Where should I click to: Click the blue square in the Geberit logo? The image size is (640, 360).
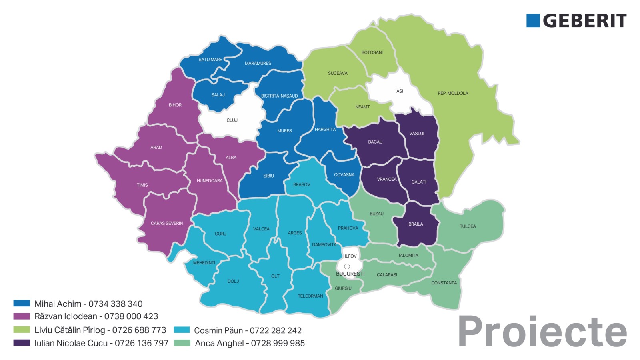click(x=533, y=21)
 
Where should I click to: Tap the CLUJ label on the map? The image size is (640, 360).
click(x=232, y=120)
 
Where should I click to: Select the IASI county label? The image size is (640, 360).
click(x=399, y=91)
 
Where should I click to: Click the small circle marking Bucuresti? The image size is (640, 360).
click(x=347, y=266)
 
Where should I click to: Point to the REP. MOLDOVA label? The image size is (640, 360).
click(x=453, y=93)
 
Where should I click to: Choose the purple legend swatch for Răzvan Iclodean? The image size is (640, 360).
click(x=22, y=316)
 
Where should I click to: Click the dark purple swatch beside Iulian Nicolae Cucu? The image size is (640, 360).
click(x=22, y=343)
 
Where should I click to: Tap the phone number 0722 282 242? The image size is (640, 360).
click(x=276, y=330)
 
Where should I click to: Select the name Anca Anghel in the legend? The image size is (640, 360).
click(x=219, y=343)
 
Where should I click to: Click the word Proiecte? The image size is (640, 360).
click(x=542, y=331)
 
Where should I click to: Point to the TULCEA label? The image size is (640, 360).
click(x=468, y=226)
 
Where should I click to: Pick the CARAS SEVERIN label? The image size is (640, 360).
click(x=167, y=223)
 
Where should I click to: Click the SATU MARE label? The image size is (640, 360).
click(x=210, y=60)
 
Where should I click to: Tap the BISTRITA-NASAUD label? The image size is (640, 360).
click(x=279, y=96)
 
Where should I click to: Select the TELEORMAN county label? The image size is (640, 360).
click(x=310, y=296)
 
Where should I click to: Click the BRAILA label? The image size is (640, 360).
click(x=416, y=224)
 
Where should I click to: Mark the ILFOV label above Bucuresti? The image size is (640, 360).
click(x=350, y=256)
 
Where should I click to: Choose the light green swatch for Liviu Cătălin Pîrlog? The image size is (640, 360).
click(x=22, y=330)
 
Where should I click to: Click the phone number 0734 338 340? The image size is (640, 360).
click(x=115, y=304)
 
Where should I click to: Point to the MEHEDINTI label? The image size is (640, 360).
click(x=204, y=263)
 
